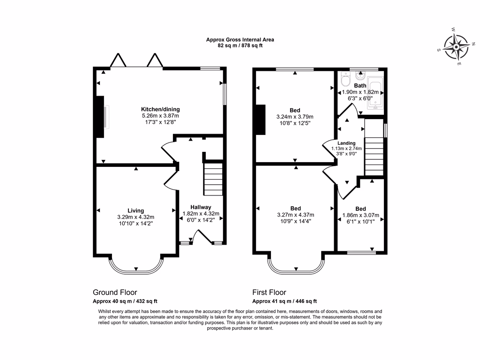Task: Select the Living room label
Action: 135,210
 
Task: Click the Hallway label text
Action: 201,207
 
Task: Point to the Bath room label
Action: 360,86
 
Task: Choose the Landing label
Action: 346,143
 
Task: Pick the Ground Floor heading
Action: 115,292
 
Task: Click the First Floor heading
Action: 269,292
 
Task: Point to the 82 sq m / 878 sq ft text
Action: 240,46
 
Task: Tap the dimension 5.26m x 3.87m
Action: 160,116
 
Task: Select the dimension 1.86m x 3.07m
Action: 360,216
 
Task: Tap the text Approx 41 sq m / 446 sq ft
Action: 285,301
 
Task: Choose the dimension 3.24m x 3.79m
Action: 295,117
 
